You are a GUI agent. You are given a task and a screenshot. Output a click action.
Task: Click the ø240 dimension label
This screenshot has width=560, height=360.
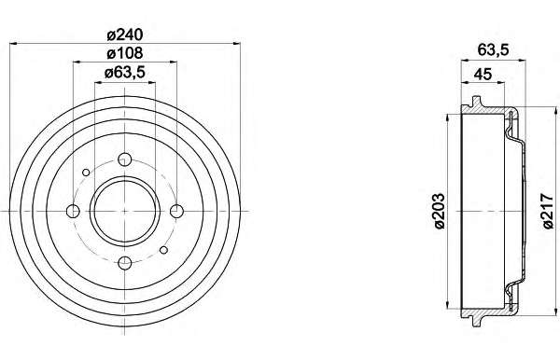(125, 35)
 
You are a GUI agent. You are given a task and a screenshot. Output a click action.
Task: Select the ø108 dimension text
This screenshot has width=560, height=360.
(125, 53)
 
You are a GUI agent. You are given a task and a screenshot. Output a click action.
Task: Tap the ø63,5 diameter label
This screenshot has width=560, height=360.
(125, 73)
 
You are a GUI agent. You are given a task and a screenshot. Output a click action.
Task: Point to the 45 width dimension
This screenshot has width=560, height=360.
(483, 75)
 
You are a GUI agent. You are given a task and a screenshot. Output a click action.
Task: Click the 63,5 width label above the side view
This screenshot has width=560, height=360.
(493, 50)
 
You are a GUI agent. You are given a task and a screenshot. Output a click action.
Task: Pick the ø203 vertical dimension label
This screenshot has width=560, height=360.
(439, 211)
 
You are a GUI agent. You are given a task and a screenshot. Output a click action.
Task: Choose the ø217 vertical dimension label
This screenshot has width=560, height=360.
(547, 211)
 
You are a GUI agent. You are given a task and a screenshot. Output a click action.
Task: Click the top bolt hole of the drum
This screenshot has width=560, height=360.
(125, 159)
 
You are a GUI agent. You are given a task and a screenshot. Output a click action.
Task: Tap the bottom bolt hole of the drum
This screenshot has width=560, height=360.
(125, 263)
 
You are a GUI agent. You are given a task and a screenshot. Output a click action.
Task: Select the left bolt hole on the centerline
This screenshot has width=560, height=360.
(73, 211)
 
